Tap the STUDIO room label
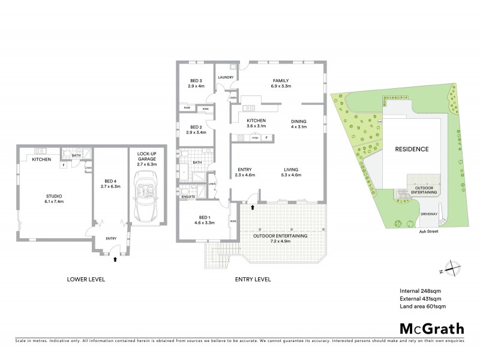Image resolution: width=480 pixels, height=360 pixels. pos(54,196)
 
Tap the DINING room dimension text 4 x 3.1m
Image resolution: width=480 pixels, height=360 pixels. pos(298,127)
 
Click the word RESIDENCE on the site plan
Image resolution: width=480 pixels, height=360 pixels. pos(411,149)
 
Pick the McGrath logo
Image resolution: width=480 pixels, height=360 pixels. pos(431,328)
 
